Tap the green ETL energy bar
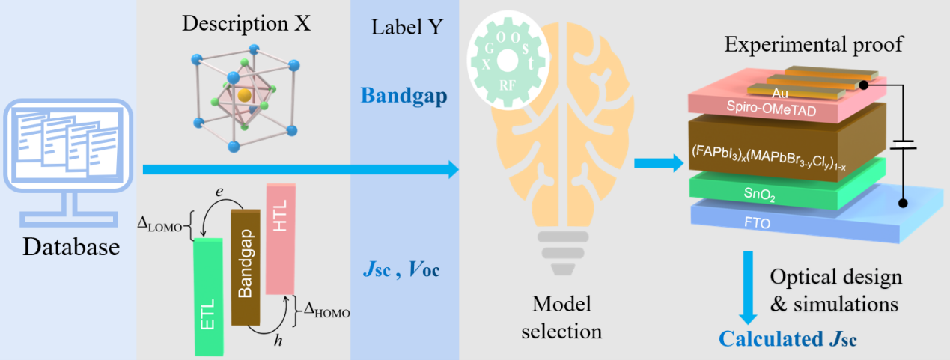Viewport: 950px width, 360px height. pyautogui.click(x=208, y=296)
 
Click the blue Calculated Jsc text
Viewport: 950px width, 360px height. pyautogui.click(x=788, y=339)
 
